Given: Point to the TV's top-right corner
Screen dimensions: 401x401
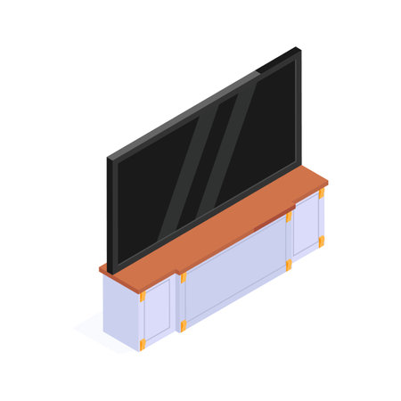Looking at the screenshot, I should (299, 50).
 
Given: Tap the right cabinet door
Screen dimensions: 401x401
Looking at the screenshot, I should (306, 225).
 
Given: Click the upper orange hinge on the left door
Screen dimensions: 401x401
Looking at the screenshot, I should (143, 297).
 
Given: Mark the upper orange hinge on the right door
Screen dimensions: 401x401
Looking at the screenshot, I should (321, 194).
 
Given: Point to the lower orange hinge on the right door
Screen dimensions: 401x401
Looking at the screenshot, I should (321, 241).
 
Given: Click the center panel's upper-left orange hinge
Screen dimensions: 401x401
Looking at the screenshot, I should (184, 278).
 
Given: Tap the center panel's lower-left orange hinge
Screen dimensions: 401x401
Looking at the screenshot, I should (184, 324).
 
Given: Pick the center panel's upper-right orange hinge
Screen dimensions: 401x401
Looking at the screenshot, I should (289, 217).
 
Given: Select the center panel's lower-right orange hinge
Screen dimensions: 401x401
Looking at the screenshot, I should (289, 265).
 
